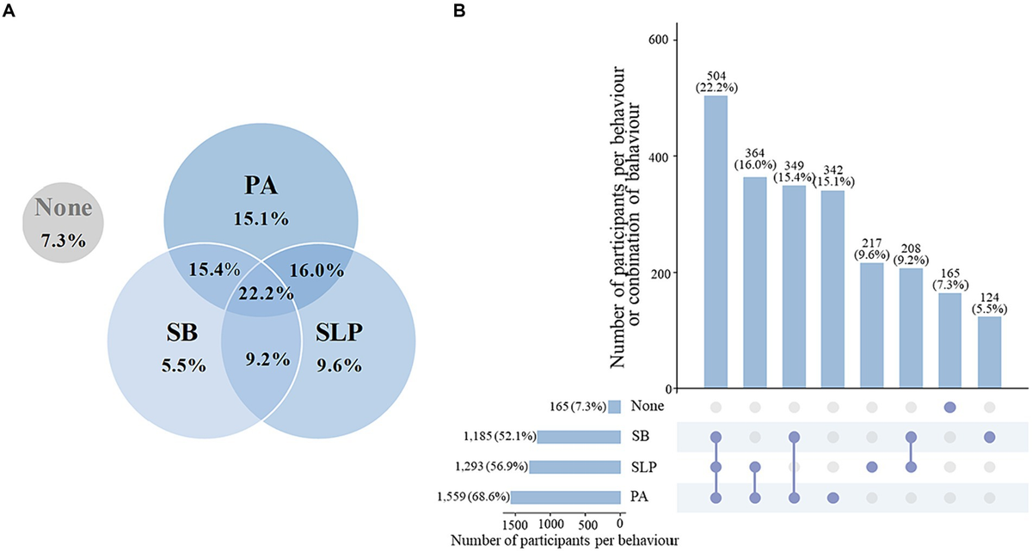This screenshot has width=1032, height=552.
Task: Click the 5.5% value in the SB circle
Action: [182, 365]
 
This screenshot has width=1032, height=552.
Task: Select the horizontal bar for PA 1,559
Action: [566, 497]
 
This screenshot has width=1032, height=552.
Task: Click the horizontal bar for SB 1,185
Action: [579, 437]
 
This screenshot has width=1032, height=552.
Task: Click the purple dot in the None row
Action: [949, 406]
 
